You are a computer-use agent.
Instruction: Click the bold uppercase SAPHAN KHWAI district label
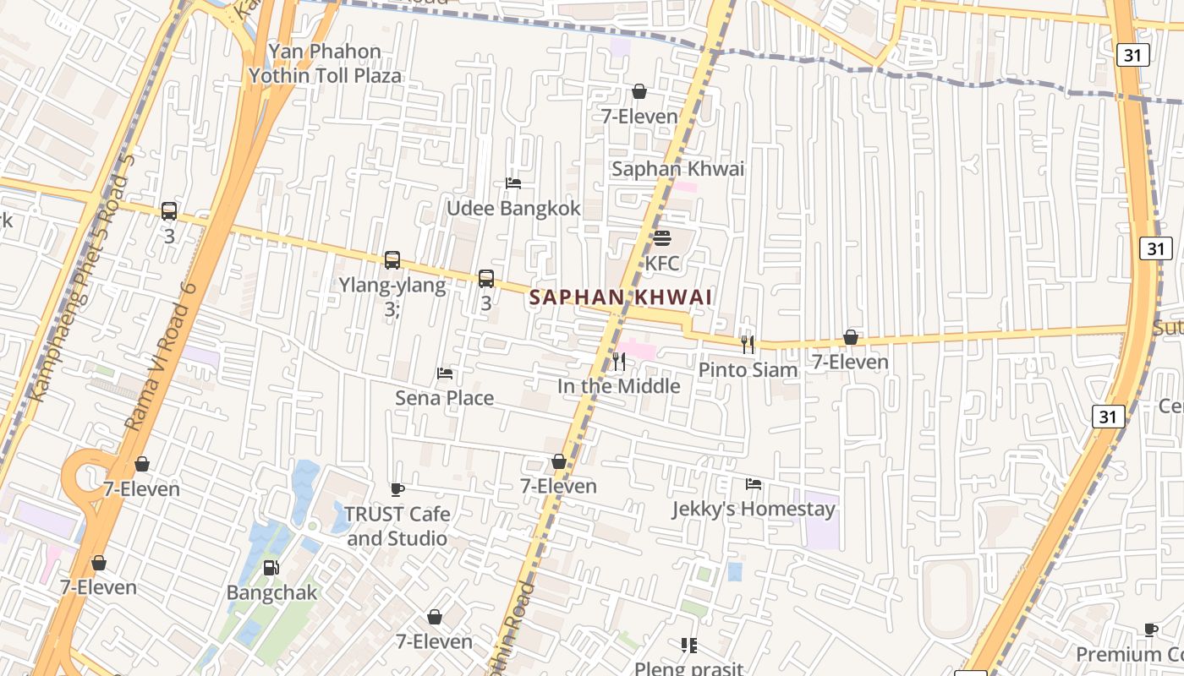620,297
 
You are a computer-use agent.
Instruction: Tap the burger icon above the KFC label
661,238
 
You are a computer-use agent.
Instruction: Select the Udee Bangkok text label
513,208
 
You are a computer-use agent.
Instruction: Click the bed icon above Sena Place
445,373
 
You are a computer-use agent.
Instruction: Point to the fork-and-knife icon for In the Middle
619,362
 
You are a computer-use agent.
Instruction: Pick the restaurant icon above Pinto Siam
747,344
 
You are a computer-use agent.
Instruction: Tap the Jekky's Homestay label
754,509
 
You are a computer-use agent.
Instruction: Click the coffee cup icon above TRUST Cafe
397,489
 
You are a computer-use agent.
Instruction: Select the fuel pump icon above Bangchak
271,568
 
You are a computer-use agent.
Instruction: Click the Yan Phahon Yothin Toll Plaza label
325,63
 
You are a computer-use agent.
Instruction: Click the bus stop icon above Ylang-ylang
392,260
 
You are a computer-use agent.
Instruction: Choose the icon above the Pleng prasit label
688,646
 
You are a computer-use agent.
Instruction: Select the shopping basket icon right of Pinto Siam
851,337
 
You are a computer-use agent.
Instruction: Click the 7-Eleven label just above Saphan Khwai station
640,116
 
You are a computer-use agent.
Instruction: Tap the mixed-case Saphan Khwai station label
677,168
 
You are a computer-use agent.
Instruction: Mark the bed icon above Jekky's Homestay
754,484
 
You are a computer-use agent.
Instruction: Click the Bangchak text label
271,592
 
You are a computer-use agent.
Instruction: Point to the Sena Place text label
445,397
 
